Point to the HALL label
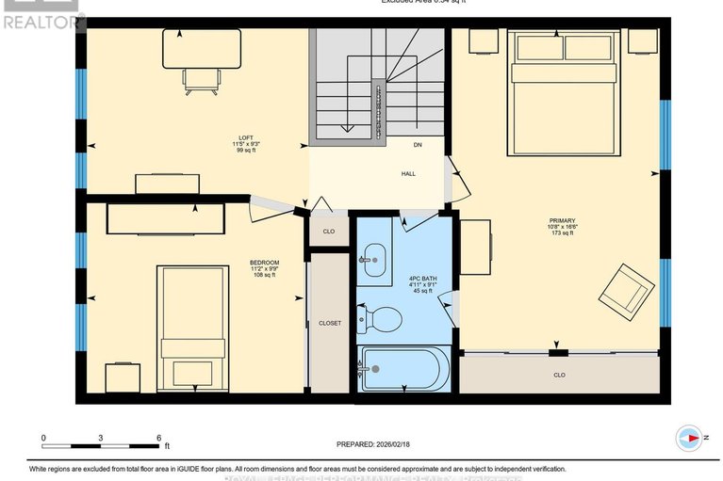click(x=408, y=173)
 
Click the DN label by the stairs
click(x=417, y=145)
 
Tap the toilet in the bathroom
click(x=382, y=319)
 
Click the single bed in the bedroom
click(x=191, y=326)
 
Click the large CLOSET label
click(x=329, y=323)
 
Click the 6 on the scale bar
click(x=159, y=438)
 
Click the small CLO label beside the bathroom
click(x=329, y=231)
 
